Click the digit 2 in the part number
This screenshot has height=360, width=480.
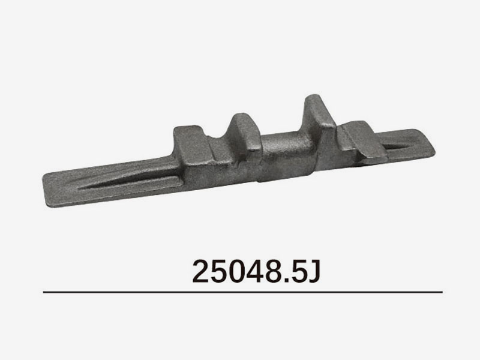[x=202, y=271]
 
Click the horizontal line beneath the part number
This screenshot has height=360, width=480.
[x=243, y=292]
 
